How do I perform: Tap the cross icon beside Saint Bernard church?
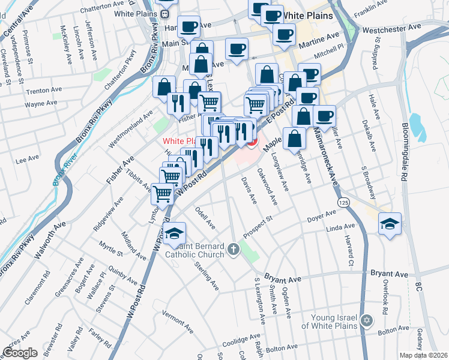coord(234,250)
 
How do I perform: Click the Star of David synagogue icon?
coord(366,322)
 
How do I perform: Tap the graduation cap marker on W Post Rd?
coord(175,233)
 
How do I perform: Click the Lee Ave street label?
coord(26,160)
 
